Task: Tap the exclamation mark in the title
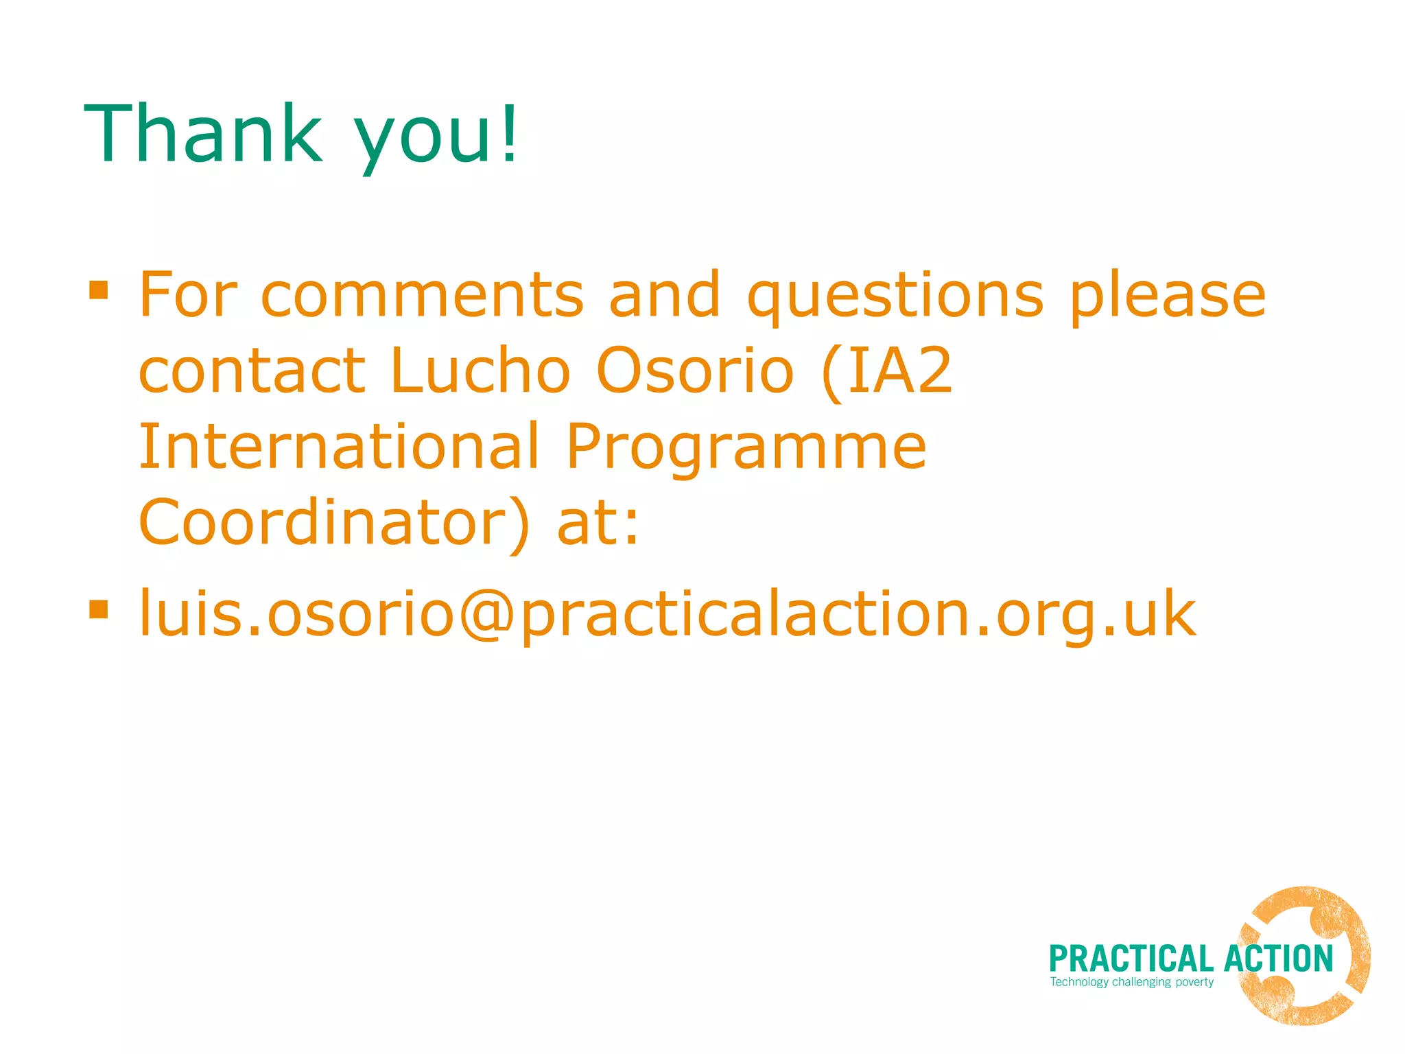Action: coord(509,133)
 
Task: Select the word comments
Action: coord(423,295)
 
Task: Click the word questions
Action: coord(895,296)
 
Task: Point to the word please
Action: coord(1168,296)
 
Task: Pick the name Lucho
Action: coord(480,371)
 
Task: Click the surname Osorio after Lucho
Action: coord(695,371)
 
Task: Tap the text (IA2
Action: coord(886,372)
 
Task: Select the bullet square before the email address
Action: coord(99,609)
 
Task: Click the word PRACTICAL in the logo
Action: coord(1131,959)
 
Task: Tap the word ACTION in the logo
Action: coord(1278,959)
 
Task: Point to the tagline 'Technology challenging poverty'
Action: coord(1132,982)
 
